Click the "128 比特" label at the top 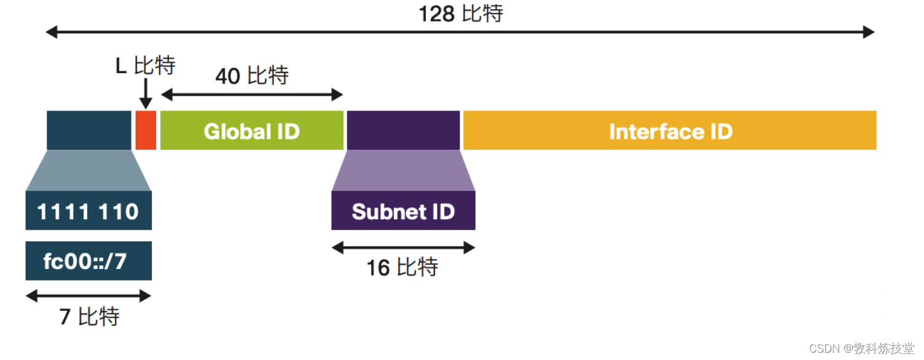point(460,13)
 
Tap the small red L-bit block point(146,130)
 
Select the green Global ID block point(252,130)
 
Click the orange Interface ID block point(670,130)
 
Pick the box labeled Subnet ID point(403,211)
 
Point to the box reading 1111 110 point(88,211)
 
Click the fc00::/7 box point(88,261)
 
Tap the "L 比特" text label point(146,65)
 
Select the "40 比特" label point(252,76)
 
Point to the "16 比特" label point(402,268)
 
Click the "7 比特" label point(89,316)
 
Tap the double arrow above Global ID point(252,95)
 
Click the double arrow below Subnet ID point(403,248)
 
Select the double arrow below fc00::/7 point(88,296)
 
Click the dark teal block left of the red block point(89,130)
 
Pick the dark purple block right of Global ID point(403,130)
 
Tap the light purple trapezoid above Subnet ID point(403,171)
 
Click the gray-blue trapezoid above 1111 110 point(88,171)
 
